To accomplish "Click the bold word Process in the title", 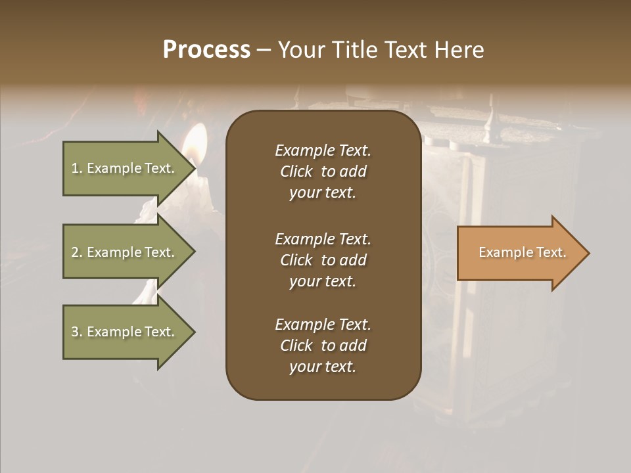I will [x=206, y=50].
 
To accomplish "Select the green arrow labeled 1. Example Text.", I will [x=125, y=168].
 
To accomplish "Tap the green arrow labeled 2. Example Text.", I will [x=125, y=252].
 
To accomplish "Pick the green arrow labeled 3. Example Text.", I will [x=125, y=332].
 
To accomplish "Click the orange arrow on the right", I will [x=519, y=253].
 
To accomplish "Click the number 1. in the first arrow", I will [x=77, y=168].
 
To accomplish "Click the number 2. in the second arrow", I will [x=77, y=252].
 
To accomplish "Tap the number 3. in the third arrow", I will [x=77, y=332].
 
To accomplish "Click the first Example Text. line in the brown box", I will [x=323, y=150].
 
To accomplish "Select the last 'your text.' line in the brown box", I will [x=323, y=367].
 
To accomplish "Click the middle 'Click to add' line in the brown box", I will [x=323, y=260].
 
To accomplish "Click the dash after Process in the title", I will [x=264, y=50].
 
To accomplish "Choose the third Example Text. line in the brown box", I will [x=323, y=325].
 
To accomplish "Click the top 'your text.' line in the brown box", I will [x=323, y=193].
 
